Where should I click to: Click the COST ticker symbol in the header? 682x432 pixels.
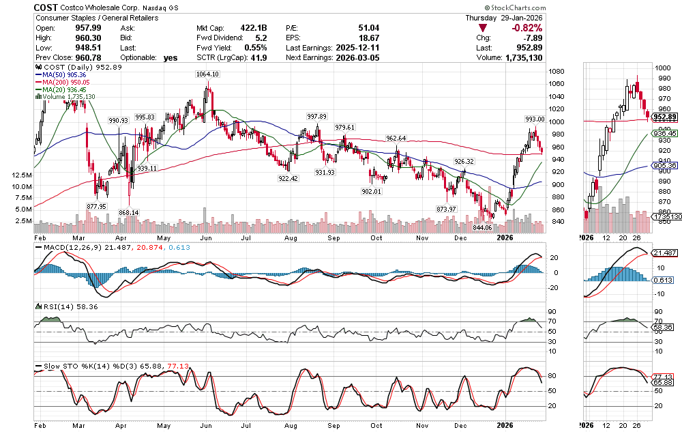coord(47,6)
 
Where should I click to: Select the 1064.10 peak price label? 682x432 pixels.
coord(208,74)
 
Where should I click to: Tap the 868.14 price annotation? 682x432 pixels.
coord(128,212)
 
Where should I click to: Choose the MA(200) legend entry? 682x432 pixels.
coord(66,83)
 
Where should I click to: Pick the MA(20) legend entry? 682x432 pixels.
coord(64,89)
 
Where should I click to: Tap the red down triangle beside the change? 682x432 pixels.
coord(483,28)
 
